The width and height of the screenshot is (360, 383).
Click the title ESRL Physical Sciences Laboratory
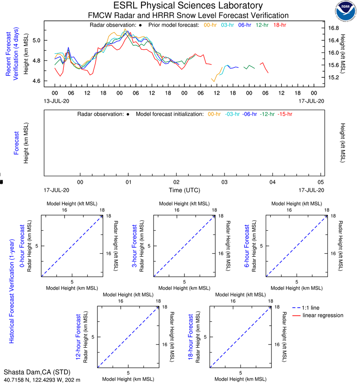point(188,6)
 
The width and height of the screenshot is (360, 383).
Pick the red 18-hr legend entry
point(279,25)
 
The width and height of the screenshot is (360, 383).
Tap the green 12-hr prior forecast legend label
point(262,25)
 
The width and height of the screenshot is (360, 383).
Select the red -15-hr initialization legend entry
point(285,114)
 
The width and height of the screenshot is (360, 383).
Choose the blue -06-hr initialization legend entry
point(249,114)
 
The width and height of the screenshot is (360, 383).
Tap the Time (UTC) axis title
point(184,190)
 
